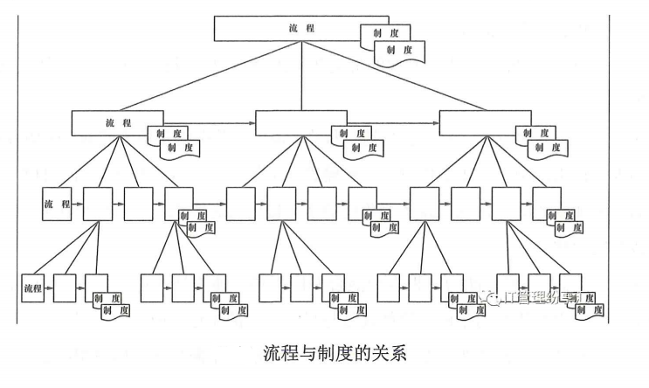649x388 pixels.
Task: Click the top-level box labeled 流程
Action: tap(300, 28)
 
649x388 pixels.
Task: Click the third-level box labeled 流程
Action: tap(56, 203)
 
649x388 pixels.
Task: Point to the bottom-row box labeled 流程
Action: tap(33, 287)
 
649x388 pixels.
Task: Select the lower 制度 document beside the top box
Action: tap(397, 51)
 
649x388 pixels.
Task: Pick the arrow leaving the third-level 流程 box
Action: tap(77, 203)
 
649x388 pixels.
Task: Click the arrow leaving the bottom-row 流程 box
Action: tap(49, 287)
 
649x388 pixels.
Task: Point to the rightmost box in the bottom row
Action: tap(571, 288)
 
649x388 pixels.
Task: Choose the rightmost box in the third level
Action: tap(547, 202)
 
